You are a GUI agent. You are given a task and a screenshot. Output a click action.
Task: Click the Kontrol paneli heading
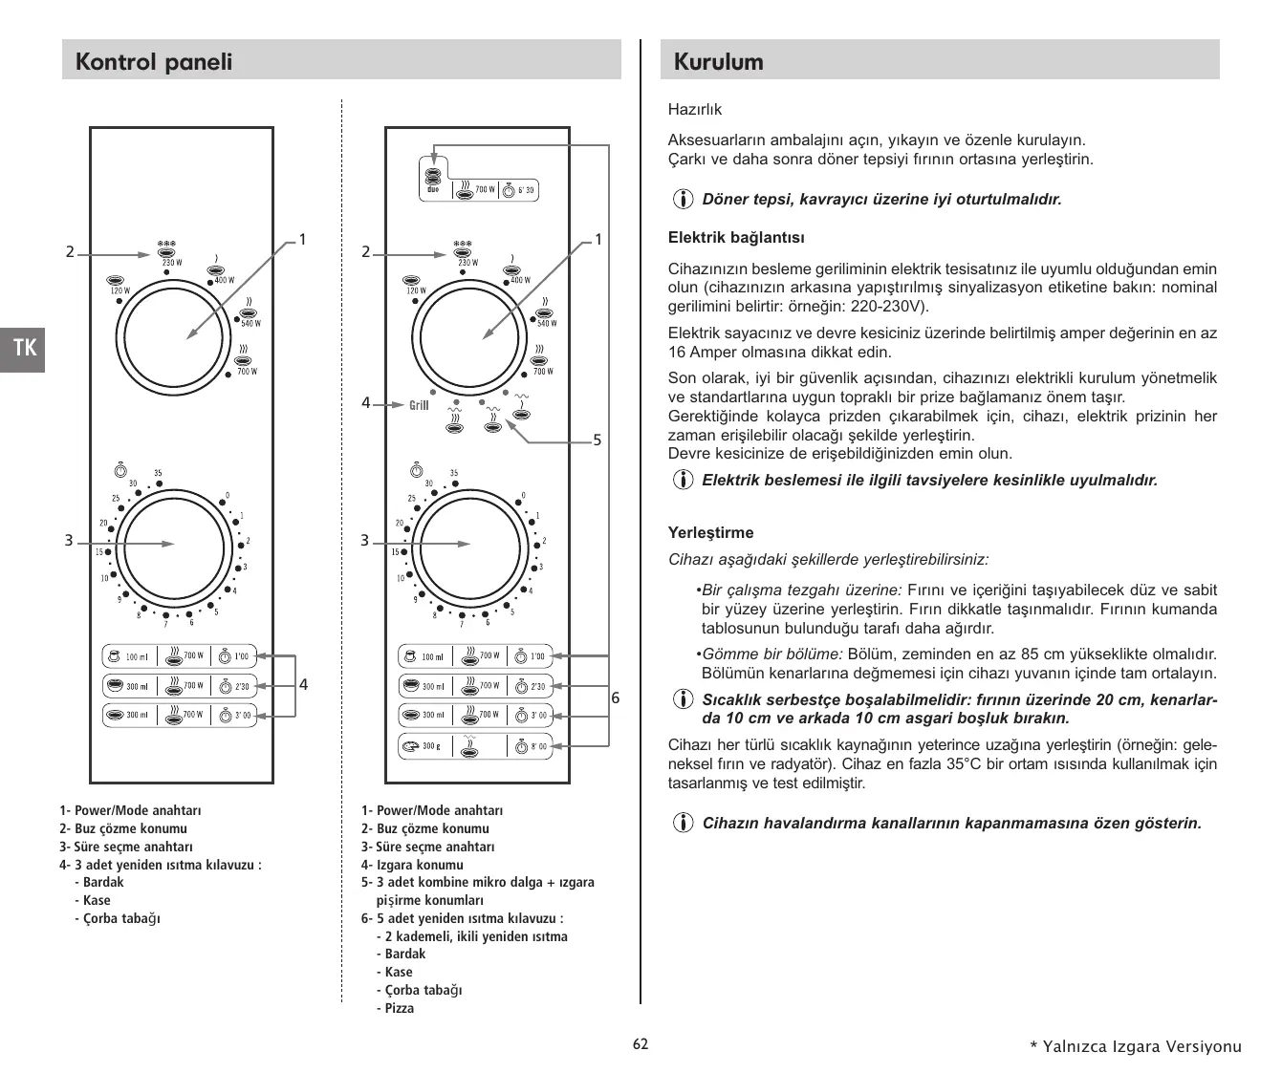154,62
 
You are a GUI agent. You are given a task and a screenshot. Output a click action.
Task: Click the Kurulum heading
718,62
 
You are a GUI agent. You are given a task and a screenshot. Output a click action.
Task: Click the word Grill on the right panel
419,405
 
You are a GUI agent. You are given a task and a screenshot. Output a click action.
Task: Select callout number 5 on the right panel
597,440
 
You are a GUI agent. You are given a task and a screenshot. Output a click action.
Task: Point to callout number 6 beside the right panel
616,698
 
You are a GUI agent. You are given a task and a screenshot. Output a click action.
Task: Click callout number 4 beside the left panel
303,684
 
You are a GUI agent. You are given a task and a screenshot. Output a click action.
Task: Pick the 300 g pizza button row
474,746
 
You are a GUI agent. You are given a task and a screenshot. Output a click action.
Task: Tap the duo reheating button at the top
478,189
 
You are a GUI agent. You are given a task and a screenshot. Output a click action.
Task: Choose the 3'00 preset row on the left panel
180,715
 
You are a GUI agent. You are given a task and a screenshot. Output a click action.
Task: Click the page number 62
641,1044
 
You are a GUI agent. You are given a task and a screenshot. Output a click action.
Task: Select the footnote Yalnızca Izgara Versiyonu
1135,1046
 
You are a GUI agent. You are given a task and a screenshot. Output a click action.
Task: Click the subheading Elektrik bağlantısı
736,237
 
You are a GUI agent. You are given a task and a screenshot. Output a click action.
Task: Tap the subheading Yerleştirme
710,532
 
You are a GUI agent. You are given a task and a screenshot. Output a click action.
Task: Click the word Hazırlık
695,110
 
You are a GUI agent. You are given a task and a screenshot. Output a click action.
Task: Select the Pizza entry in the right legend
400,1008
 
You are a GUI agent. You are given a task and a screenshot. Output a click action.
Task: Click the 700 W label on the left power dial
247,371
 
